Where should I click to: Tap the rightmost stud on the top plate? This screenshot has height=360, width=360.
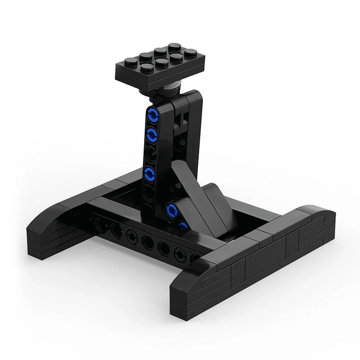[190, 53]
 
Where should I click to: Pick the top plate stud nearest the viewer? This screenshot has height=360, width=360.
[147, 68]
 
